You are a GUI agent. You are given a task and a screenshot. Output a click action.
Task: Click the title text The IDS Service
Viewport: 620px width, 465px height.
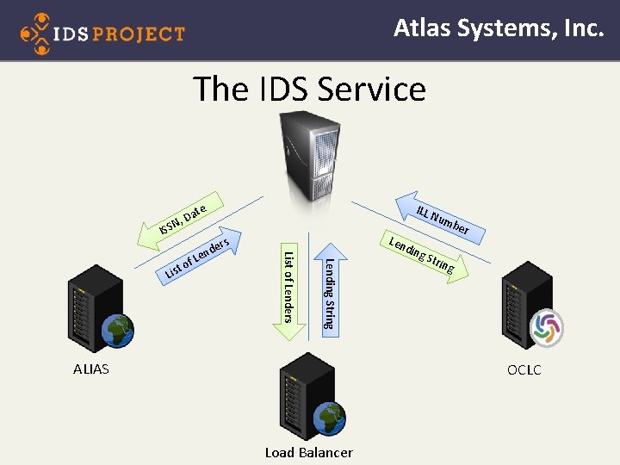309,89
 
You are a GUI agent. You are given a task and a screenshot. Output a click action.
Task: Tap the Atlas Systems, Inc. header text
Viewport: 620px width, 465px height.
499,28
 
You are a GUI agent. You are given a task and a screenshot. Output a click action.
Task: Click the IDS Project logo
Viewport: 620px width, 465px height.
102,33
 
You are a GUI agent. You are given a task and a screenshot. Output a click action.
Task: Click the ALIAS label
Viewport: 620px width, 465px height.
91,369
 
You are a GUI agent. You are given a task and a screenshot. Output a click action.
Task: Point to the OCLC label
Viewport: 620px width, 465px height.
524,369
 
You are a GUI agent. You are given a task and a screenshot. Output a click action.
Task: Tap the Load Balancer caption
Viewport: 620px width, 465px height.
308,452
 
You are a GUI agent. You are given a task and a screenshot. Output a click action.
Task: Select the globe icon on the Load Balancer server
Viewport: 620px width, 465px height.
329,419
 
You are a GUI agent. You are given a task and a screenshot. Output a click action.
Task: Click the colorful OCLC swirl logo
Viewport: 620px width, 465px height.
546,327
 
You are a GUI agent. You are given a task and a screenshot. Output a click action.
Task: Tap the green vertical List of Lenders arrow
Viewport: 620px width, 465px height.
289,284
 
